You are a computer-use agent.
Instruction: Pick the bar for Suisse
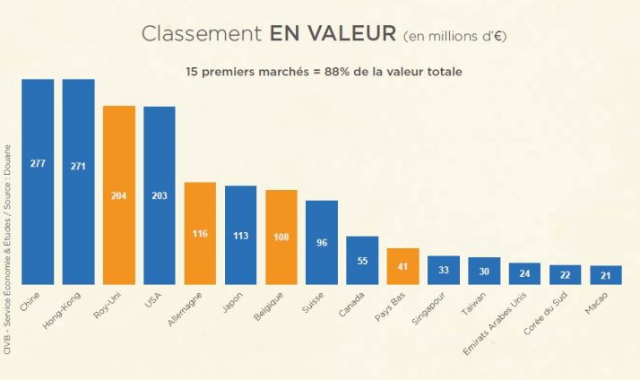322,241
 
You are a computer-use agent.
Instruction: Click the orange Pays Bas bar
402,265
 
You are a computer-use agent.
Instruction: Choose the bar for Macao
605,274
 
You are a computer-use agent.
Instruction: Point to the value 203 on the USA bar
160,195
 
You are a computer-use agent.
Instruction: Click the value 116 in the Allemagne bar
200,234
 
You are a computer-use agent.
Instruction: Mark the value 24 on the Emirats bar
524,273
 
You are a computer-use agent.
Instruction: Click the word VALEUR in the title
333,34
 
